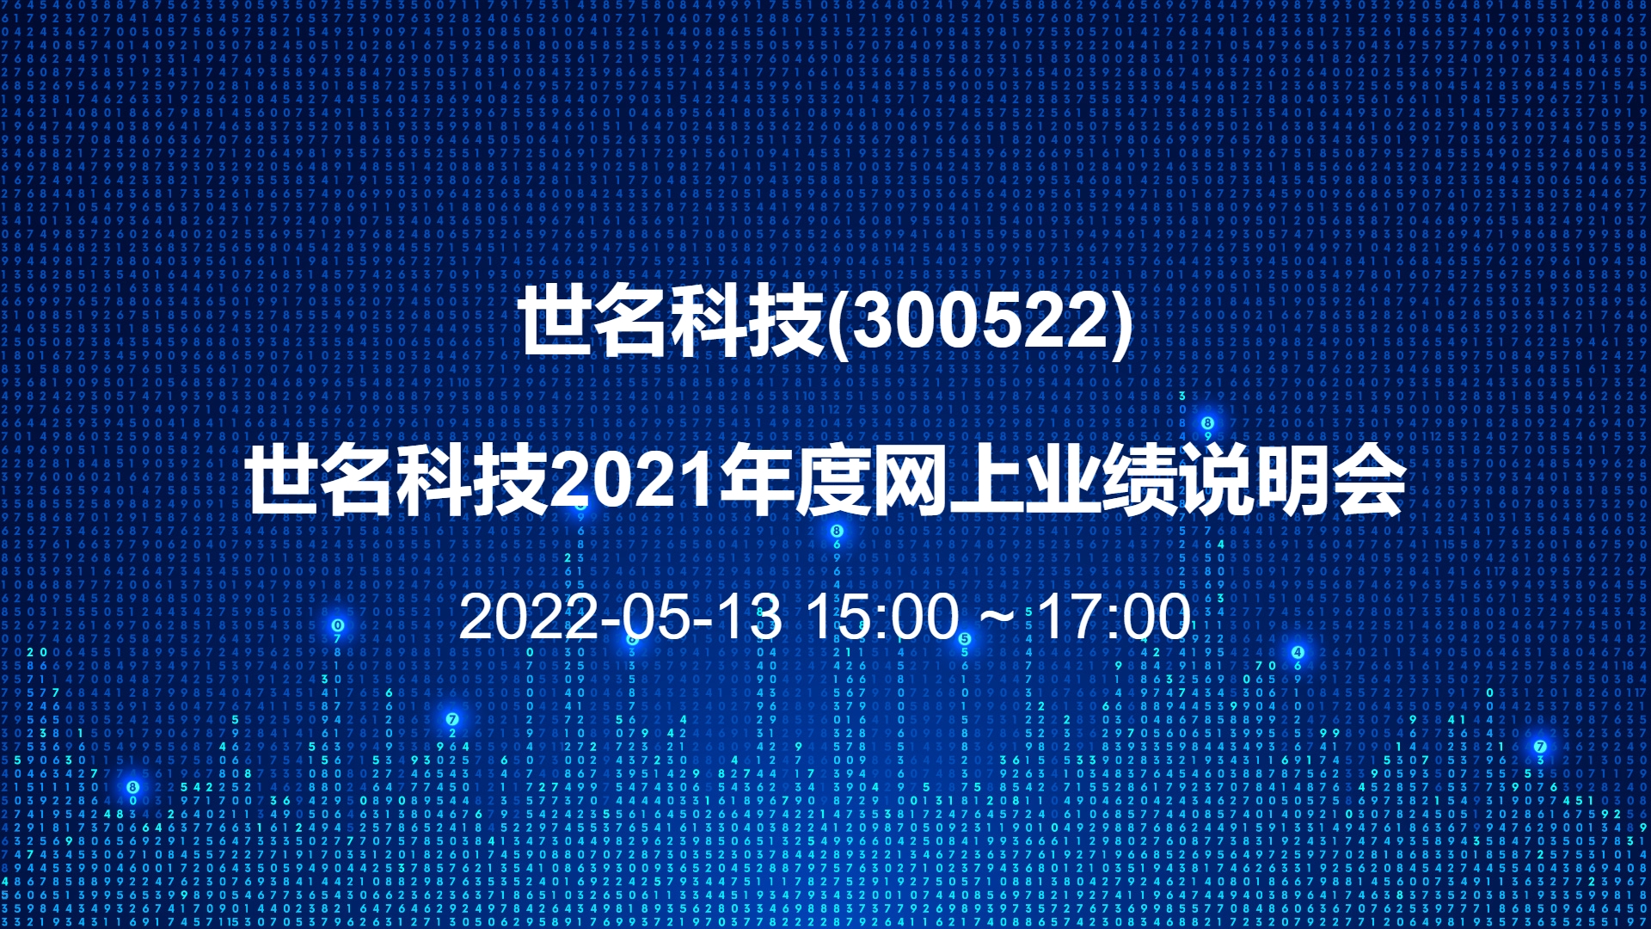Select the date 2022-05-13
coord(620,617)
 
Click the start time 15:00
coord(882,617)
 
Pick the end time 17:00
coord(1114,617)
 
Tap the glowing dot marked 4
coord(1298,652)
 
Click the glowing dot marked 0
coord(338,625)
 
